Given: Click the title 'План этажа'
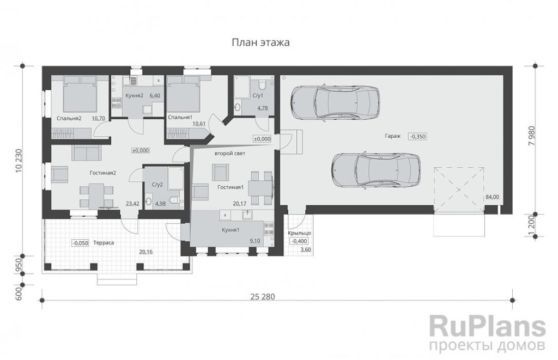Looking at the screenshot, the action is [260, 42].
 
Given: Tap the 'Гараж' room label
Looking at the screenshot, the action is [392, 136].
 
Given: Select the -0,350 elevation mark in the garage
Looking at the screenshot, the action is [417, 136].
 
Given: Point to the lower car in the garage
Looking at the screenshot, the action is [376, 170].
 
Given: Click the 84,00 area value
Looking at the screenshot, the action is [493, 197].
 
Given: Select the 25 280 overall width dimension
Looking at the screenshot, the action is [263, 296].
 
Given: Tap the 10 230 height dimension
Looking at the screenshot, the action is [19, 161].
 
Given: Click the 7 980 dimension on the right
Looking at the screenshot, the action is [532, 136].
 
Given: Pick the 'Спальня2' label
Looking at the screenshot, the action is [69, 118].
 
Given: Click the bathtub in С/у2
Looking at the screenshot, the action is [176, 179].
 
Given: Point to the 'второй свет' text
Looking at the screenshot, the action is [230, 154].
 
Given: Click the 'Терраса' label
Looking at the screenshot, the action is [104, 242].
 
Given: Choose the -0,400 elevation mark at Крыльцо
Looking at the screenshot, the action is [300, 241].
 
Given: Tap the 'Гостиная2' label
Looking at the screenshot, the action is [103, 173].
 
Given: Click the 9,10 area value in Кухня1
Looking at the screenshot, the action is [255, 241].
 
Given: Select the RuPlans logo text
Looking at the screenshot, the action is [488, 326].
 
